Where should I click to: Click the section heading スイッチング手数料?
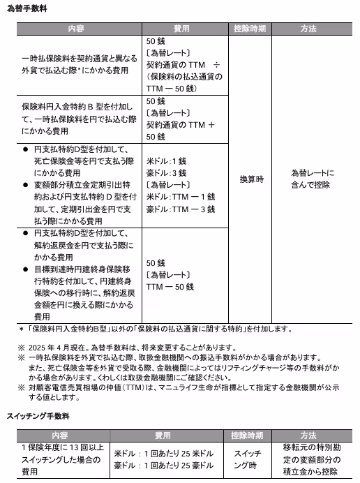(38, 417)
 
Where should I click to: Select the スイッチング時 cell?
(247, 458)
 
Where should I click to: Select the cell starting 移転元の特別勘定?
(312, 459)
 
